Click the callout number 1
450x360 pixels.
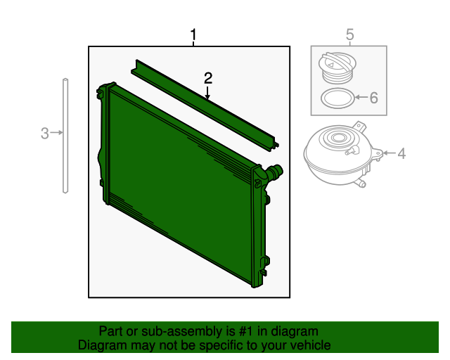[x=194, y=34]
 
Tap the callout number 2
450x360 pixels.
[x=208, y=78]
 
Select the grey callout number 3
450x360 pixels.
[x=44, y=134]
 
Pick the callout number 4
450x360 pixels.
[x=401, y=153]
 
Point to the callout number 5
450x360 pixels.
[x=350, y=34]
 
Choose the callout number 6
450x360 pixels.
[x=373, y=98]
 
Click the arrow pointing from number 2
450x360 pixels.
[x=207, y=93]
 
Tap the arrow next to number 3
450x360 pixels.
[x=56, y=132]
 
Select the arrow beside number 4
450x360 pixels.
[x=389, y=153]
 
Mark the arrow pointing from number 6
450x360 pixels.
[x=361, y=97]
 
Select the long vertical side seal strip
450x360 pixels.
[x=65, y=136]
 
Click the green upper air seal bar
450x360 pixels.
[x=205, y=105]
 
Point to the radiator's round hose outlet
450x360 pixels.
[x=275, y=172]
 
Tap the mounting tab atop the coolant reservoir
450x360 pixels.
[x=360, y=127]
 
